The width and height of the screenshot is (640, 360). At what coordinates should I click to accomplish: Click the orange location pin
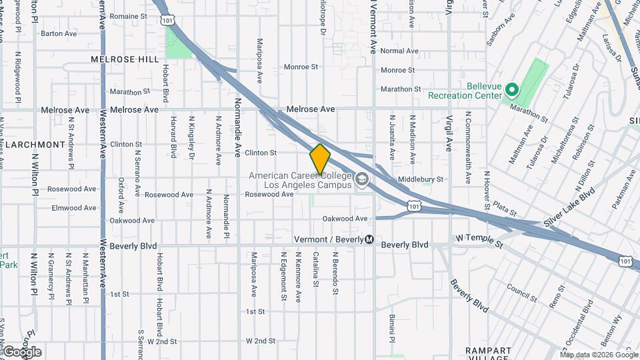[320, 159]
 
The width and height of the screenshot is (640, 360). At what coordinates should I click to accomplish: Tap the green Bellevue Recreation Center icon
[511, 89]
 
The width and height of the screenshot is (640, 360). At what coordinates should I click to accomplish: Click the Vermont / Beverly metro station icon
[369, 239]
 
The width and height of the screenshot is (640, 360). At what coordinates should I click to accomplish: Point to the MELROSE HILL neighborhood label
[125, 59]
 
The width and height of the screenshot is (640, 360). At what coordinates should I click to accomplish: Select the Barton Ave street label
[59, 33]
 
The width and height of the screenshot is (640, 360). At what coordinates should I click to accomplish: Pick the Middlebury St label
[421, 180]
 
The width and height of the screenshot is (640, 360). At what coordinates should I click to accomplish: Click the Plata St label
[505, 210]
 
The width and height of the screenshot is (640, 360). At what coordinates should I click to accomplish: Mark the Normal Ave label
[399, 51]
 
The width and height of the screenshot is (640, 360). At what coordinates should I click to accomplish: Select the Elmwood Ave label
[75, 208]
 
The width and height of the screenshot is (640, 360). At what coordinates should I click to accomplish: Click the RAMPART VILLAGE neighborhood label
[489, 355]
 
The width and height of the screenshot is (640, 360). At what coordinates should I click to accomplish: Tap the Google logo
[22, 352]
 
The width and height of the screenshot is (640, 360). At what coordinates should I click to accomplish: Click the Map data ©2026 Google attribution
[598, 354]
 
